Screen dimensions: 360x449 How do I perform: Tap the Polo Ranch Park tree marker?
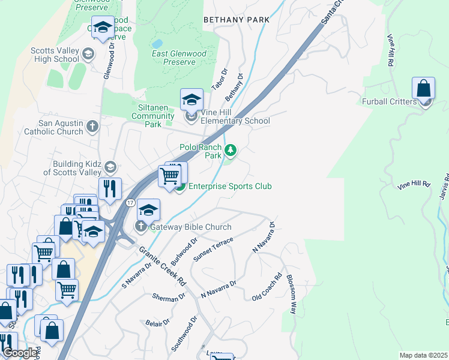(x=229, y=150)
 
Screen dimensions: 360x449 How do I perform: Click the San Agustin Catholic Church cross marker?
(x=92, y=127)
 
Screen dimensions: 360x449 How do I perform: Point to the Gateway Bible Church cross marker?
(x=141, y=227)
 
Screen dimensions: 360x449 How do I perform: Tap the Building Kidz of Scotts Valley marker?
(x=109, y=167)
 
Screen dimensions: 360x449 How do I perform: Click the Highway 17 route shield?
(x=130, y=203)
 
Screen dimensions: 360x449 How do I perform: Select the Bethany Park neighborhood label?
(x=236, y=20)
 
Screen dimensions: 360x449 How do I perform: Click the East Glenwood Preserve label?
(x=178, y=58)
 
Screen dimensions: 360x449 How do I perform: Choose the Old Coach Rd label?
(x=267, y=288)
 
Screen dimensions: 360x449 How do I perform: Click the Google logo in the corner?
(x=20, y=353)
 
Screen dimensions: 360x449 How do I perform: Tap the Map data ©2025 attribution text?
(x=423, y=355)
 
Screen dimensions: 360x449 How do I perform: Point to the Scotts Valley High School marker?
(x=88, y=55)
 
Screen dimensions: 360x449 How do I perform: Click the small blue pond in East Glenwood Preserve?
(x=157, y=44)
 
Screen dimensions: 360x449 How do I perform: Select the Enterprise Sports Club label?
(x=231, y=187)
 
